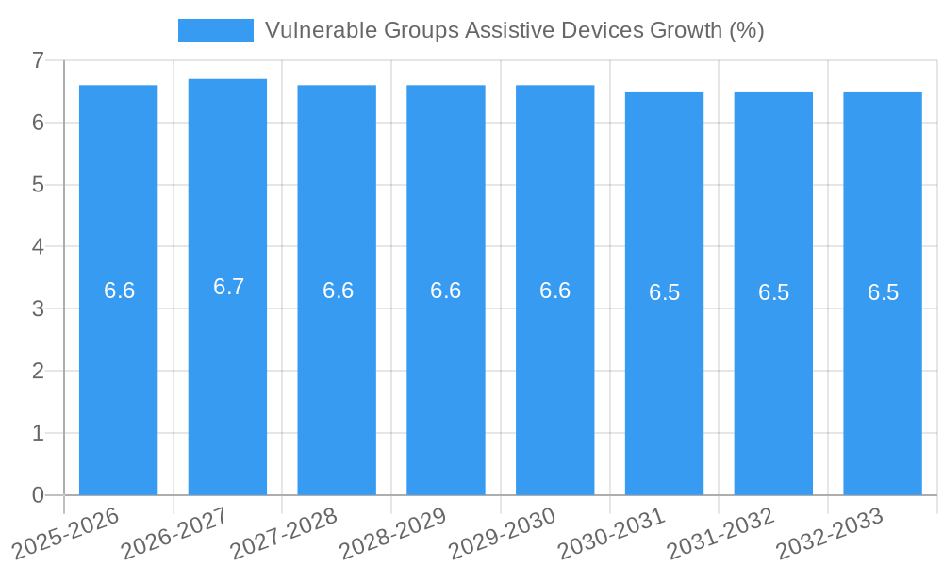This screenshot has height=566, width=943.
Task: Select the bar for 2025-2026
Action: coord(118,377)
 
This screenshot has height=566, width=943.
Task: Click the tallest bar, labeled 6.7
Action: coord(227,377)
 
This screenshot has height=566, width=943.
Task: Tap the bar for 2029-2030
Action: coord(554,377)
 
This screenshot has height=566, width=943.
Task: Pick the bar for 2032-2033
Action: coord(883,377)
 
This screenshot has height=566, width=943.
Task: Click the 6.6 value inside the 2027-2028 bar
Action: coord(338,291)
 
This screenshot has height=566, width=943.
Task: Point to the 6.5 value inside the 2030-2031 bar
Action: coord(664,292)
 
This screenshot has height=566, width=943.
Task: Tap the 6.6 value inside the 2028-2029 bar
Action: coord(445,291)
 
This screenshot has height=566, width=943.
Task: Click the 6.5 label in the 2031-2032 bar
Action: coord(773,292)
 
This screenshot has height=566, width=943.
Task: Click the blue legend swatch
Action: coord(215,30)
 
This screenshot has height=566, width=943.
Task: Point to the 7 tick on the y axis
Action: coord(38,60)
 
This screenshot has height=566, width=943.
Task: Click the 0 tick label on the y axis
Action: coord(38,495)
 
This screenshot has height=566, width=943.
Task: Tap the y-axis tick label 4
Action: coord(38,247)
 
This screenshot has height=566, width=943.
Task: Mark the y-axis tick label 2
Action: coord(38,371)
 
